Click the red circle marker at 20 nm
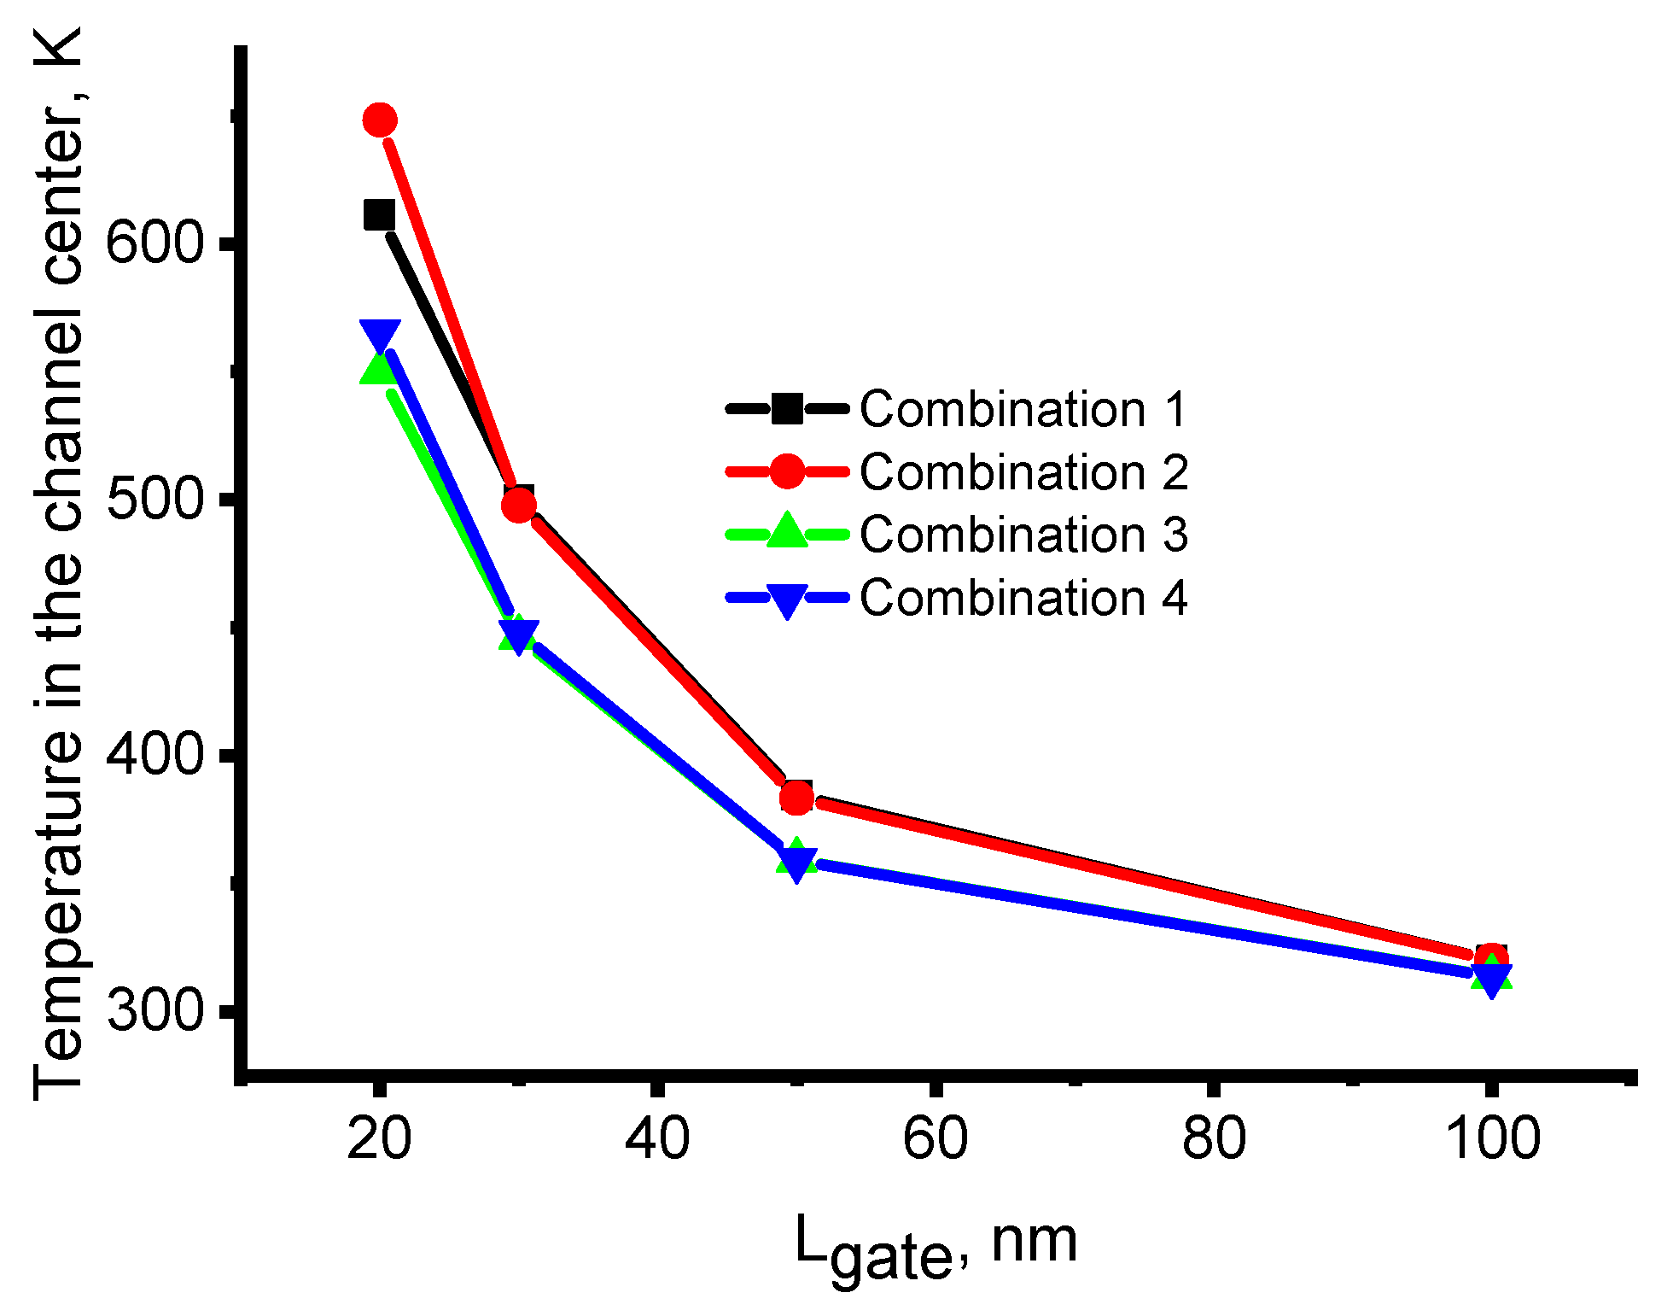(380, 120)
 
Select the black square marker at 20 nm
(379, 215)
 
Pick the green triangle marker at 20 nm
(377, 369)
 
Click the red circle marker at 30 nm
(519, 506)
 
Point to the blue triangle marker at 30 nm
(518, 636)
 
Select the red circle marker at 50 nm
(796, 798)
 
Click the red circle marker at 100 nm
(1491, 959)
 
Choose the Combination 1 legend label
(1023, 409)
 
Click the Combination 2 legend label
(1023, 471)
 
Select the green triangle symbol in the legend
(787, 532)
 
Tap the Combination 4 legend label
(1023, 597)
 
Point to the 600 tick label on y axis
(155, 243)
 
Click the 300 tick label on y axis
(155, 1011)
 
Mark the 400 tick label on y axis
(155, 755)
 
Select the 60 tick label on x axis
(936, 1138)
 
